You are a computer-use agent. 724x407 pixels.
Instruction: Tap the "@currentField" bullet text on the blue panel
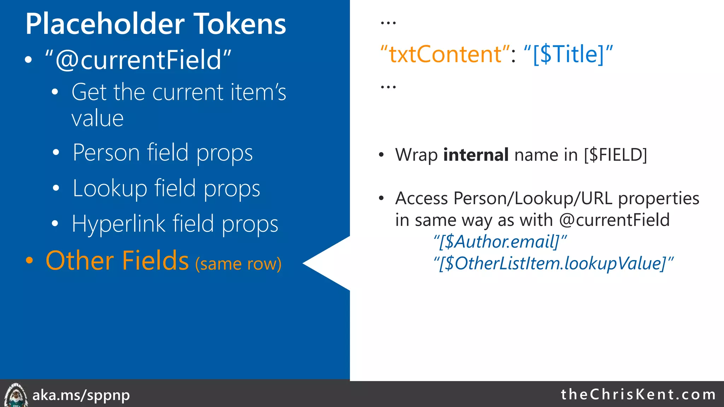click(138, 60)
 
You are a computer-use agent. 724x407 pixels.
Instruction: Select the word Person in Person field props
click(106, 153)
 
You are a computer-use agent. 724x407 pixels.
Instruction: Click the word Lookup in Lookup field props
click(110, 188)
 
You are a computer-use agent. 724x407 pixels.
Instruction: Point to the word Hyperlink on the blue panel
click(118, 224)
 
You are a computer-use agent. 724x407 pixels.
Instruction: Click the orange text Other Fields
click(117, 261)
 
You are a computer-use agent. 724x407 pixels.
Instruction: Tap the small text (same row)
click(239, 264)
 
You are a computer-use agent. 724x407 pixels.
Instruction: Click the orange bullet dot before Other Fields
click(30, 261)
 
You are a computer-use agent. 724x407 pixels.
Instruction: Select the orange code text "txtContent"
click(445, 54)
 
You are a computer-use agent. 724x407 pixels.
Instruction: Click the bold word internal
click(476, 155)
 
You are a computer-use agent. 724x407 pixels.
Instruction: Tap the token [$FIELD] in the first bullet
click(615, 155)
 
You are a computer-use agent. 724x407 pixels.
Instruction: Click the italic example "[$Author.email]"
click(500, 242)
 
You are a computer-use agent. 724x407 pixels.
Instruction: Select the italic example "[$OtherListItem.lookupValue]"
click(553, 263)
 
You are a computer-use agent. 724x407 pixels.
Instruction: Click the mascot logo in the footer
click(16, 395)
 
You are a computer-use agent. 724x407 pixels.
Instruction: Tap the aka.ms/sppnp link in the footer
click(81, 395)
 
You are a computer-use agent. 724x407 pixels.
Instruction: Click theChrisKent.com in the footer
click(638, 394)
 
